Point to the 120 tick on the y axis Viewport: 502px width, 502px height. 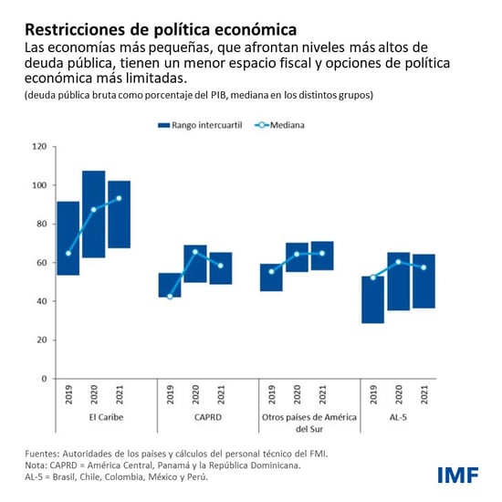(x=40, y=146)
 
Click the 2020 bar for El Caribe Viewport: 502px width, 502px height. (x=93, y=214)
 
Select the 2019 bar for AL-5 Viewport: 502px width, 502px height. (x=372, y=299)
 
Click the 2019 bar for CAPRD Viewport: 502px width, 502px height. (x=170, y=285)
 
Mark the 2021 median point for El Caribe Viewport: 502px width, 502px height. (x=119, y=198)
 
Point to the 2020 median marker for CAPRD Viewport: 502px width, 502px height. (x=194, y=252)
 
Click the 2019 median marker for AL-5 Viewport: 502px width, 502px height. (x=372, y=277)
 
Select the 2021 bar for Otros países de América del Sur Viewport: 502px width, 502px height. (x=322, y=256)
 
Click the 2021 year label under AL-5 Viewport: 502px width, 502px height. (x=424, y=394)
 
